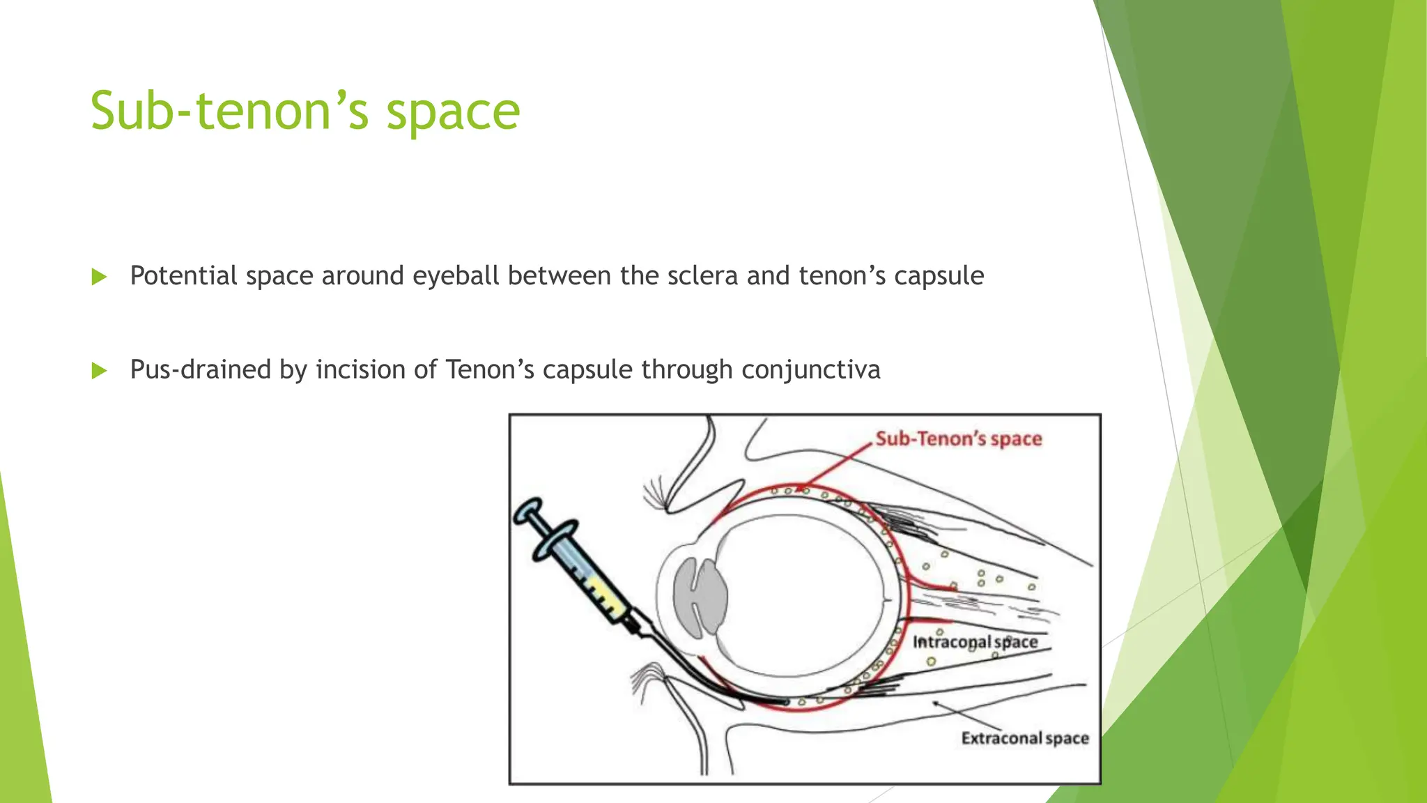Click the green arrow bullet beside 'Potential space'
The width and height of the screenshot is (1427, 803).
coord(99,277)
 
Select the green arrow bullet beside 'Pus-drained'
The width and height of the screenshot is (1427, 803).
coord(99,370)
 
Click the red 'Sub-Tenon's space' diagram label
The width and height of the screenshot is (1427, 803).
coord(959,439)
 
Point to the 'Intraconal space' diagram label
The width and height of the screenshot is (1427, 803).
coord(975,642)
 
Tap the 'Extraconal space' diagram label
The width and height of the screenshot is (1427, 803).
coord(1025,738)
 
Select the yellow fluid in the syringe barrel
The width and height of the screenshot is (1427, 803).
coord(603,596)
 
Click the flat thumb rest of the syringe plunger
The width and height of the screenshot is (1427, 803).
coord(527,511)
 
